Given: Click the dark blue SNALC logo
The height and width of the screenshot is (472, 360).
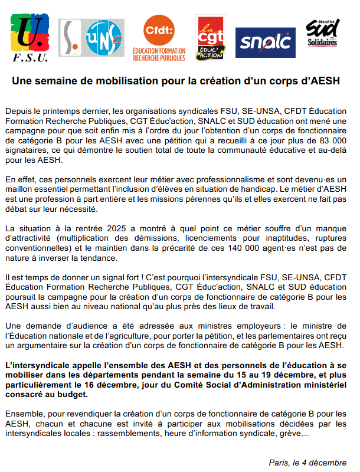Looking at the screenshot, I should coord(265,43).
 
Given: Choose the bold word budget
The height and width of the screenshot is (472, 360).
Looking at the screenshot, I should coord(73,395).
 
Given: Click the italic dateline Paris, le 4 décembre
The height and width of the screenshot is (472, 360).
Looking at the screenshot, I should coord(307,463).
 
